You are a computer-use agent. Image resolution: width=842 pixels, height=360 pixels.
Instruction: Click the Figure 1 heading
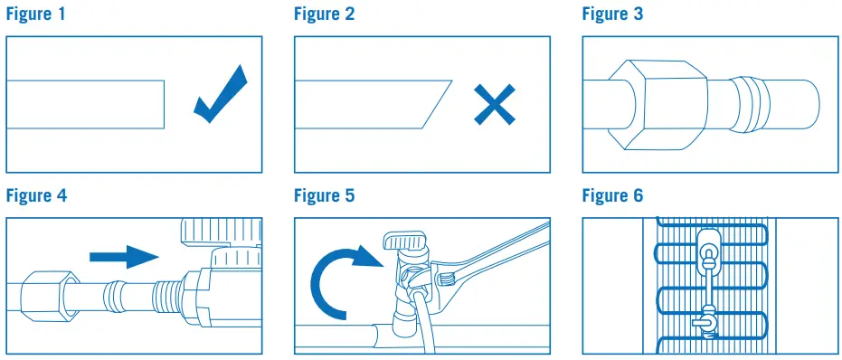point(35,14)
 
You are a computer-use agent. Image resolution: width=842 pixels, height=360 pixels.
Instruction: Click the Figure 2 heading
point(325,14)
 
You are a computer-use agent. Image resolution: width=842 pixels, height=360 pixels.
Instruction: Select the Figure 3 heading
point(612,14)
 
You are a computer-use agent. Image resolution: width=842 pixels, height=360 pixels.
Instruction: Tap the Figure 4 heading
point(36,195)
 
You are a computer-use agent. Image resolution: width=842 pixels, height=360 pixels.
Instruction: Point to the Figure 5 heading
point(325,195)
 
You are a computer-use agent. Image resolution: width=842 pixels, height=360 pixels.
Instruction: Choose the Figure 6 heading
point(612,195)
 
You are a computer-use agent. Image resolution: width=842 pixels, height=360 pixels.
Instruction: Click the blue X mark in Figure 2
point(495,105)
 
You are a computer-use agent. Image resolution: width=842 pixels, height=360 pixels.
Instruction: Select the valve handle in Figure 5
point(403,241)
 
